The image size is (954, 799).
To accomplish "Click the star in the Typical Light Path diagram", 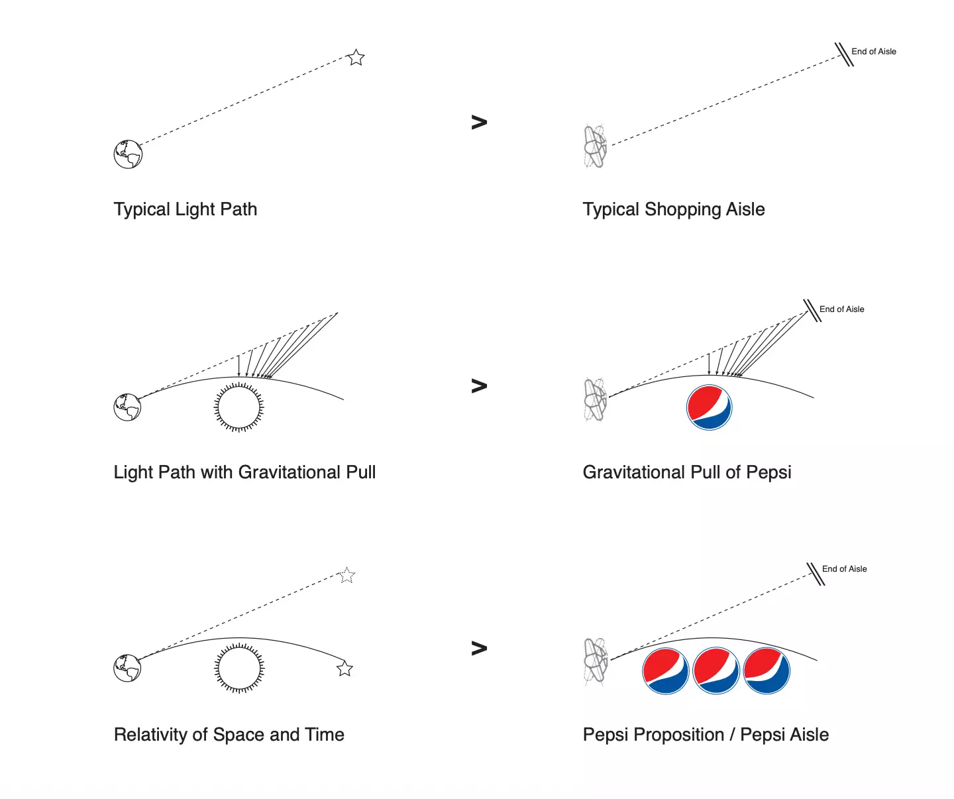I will point(356,58).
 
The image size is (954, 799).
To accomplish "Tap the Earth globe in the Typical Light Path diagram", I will point(128,154).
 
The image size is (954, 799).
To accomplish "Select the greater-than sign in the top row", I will point(479,122).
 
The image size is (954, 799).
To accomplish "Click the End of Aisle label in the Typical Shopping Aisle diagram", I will point(873,52).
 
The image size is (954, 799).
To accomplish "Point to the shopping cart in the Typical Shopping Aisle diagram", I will point(595,146).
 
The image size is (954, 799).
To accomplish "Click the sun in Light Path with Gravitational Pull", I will point(239,407).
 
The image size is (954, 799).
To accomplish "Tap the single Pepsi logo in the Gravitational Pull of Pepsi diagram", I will point(709,407).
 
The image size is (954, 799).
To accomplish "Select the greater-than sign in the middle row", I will point(479,386).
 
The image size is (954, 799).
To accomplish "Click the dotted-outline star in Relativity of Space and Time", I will point(346,575).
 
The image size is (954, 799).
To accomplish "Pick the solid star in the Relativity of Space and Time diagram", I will point(344,668).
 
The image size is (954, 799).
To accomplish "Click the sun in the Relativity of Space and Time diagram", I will point(239,668).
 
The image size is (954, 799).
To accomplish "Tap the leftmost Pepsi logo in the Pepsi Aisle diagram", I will point(666,671).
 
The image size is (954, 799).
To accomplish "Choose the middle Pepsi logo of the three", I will point(716,671).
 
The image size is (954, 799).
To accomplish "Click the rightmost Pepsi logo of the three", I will point(767,671).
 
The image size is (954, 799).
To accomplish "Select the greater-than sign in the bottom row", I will point(479,648).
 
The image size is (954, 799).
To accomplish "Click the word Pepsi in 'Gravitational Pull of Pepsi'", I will point(768,472).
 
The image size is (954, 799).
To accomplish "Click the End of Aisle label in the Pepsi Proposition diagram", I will point(844,569).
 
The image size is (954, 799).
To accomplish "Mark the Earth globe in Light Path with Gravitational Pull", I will point(127,407).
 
